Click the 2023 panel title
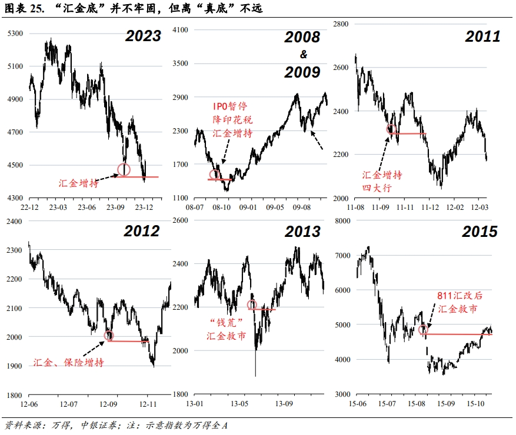coord(143,36)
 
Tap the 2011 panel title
coord(482,36)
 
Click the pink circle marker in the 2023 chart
coord(124,170)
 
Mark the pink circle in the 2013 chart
coord(252,305)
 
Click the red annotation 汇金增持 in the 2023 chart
coord(78,183)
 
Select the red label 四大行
coord(377,188)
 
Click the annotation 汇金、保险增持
coord(69,362)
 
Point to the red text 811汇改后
coord(460,296)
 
